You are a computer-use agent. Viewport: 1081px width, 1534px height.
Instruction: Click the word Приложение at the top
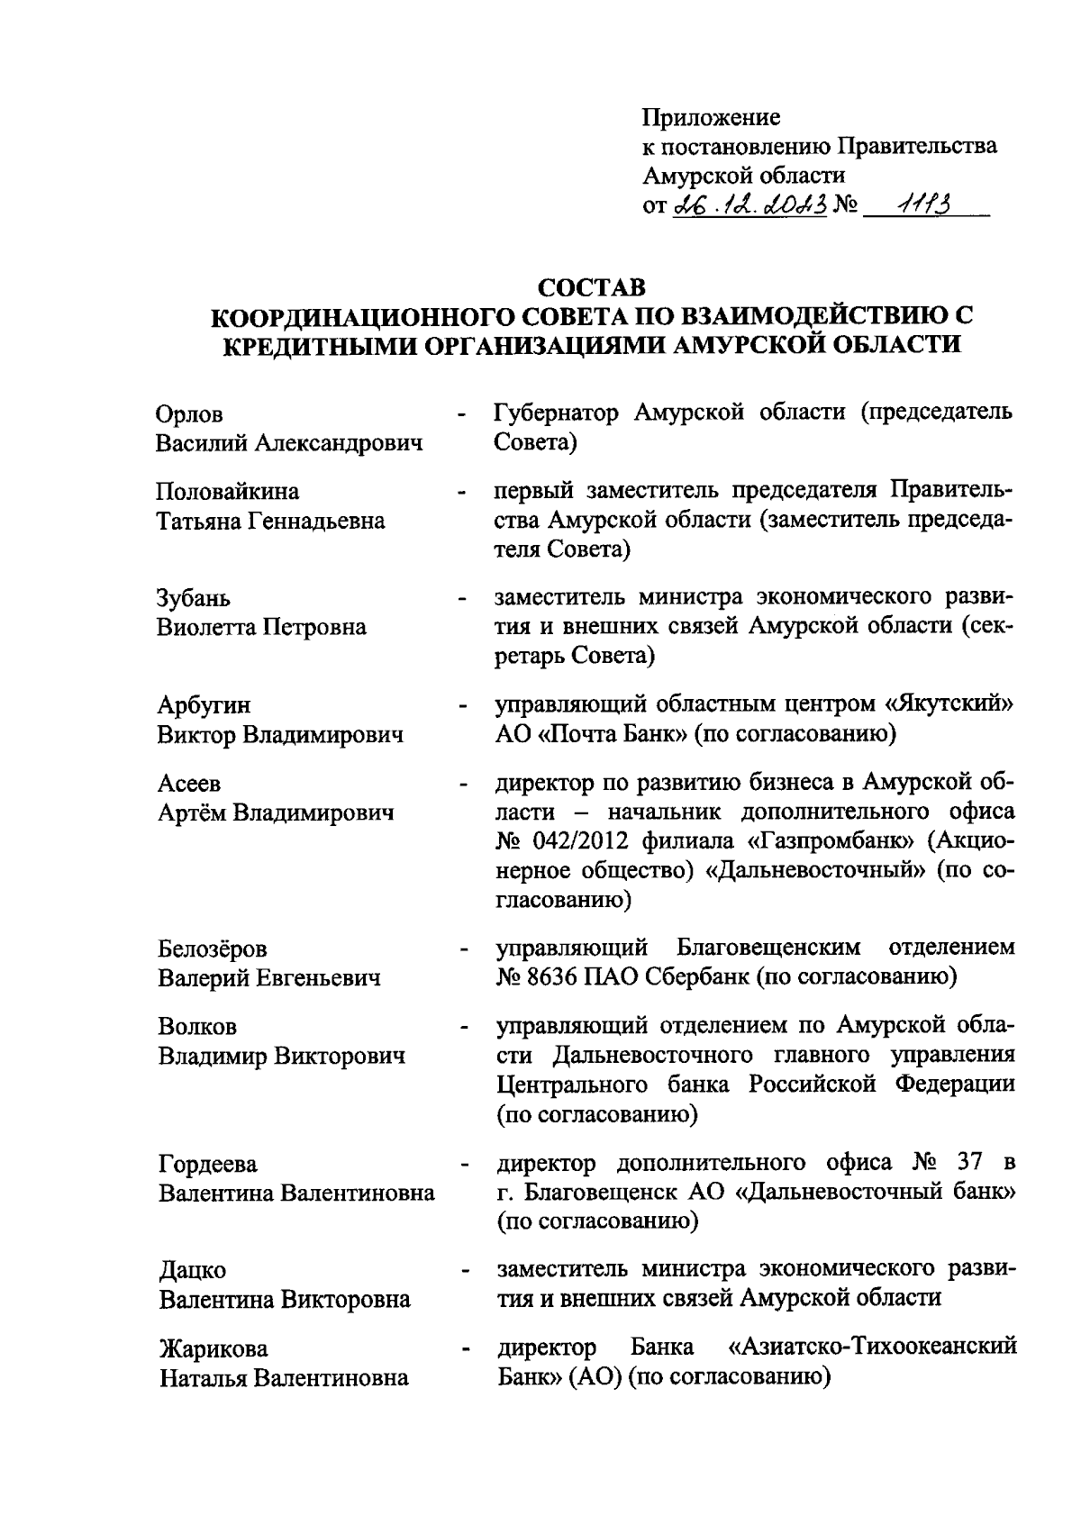click(711, 118)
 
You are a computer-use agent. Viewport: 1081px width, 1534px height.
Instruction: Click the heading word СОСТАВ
click(591, 288)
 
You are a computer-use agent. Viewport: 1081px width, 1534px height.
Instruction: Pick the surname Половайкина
click(228, 493)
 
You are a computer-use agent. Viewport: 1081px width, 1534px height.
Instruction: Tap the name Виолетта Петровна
click(262, 628)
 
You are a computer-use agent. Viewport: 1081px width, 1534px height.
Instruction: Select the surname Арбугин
click(204, 705)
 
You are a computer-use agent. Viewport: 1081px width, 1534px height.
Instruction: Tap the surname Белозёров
click(213, 949)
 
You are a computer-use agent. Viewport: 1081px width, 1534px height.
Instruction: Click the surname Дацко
click(192, 1270)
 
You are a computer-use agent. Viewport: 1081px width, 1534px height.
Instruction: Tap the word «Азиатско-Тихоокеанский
click(872, 1348)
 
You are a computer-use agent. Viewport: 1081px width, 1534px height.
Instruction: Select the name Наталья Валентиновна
click(284, 1378)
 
